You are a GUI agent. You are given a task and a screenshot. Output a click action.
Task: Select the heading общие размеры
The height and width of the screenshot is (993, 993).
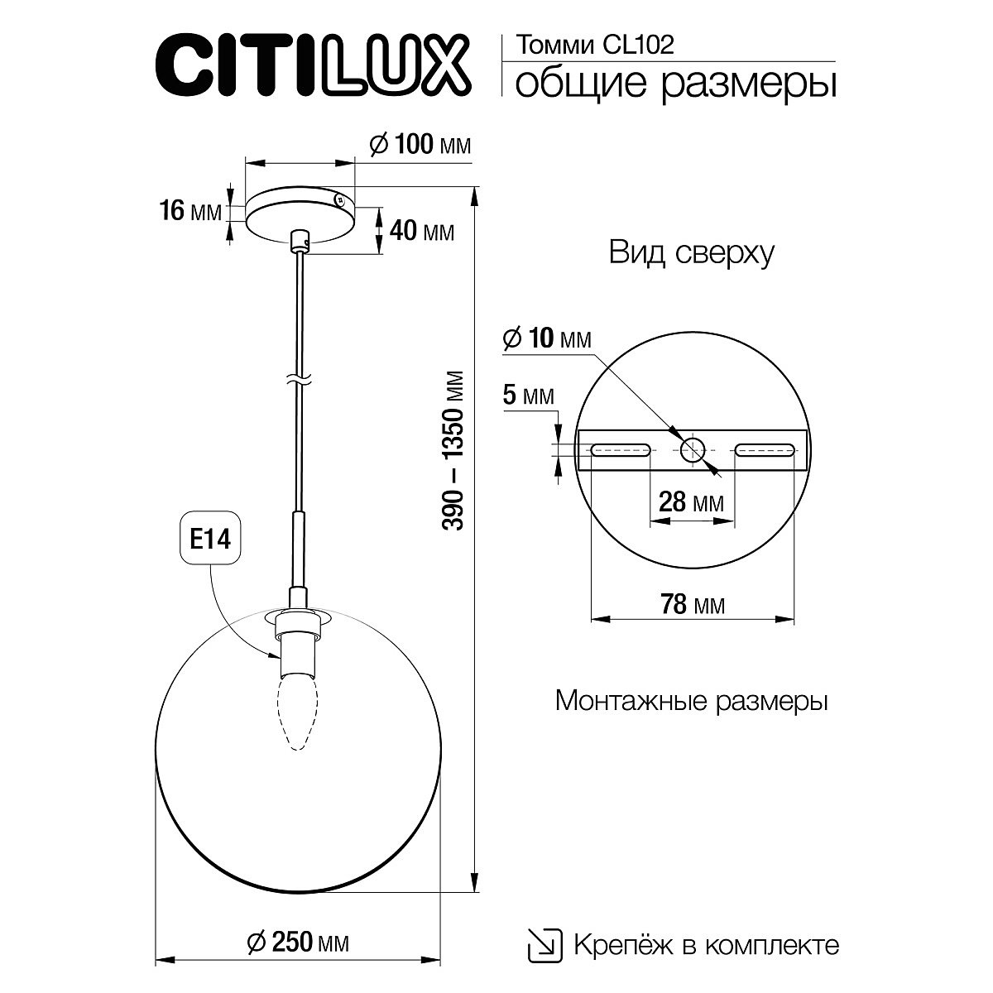(x=674, y=84)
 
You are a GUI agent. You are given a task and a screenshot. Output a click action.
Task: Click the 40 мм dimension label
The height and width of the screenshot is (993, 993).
(x=420, y=231)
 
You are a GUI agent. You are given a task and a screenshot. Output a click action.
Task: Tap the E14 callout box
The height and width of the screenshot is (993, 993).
(x=210, y=540)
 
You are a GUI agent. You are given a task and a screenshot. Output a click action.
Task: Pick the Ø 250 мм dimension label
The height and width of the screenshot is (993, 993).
(x=298, y=941)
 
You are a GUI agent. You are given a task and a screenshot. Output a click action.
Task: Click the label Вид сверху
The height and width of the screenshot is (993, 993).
(x=692, y=252)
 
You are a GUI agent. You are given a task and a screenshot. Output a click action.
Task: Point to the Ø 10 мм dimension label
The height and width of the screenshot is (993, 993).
(x=547, y=338)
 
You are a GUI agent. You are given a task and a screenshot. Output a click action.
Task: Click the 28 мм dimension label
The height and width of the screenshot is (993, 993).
(x=691, y=501)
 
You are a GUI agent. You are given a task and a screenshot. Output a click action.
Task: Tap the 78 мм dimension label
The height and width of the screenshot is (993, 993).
(x=691, y=605)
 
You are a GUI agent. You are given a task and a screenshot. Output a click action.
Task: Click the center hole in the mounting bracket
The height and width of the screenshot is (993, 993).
(x=693, y=450)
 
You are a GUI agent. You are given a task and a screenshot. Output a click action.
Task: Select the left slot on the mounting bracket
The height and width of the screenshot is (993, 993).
(x=619, y=450)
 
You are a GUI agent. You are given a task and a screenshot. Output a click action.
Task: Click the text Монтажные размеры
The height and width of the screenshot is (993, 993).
(x=692, y=702)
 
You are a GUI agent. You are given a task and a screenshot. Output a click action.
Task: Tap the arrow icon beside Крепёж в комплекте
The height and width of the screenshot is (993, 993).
(x=543, y=943)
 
